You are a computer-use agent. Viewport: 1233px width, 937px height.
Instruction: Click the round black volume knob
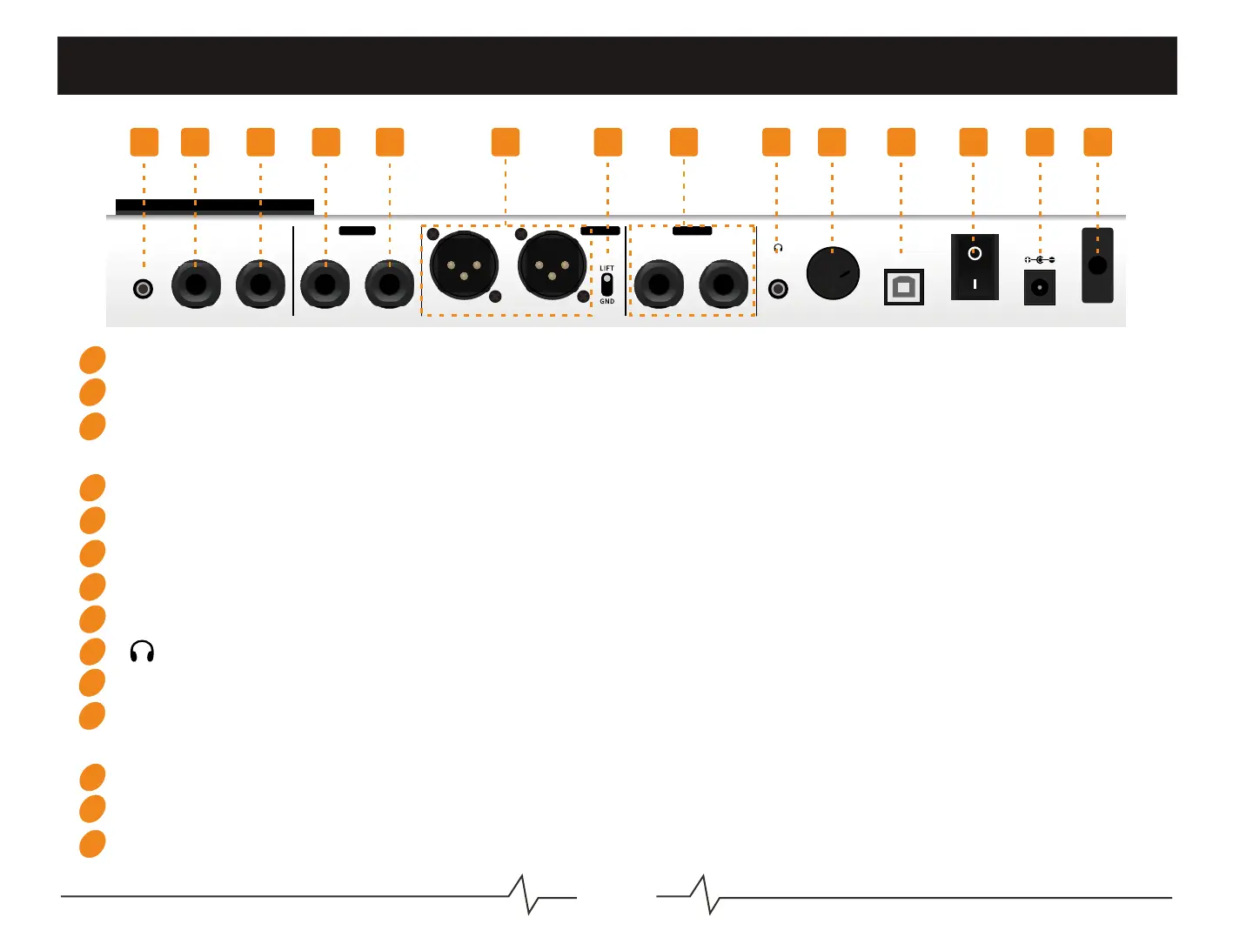(x=833, y=273)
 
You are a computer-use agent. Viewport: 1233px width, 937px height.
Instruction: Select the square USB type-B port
(x=903, y=287)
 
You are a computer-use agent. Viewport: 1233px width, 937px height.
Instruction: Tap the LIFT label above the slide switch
(x=606, y=268)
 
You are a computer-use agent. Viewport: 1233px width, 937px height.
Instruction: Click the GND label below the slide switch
(x=606, y=302)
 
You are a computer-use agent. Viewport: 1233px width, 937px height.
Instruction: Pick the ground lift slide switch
(x=606, y=284)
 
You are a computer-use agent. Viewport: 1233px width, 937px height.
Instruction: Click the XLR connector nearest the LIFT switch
(x=552, y=264)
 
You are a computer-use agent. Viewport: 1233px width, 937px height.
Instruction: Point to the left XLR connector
(x=464, y=264)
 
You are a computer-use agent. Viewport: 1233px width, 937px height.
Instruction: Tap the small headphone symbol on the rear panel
(x=778, y=248)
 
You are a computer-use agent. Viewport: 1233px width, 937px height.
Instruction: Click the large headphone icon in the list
(x=142, y=652)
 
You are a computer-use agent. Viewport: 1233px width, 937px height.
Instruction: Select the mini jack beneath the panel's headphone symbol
(x=778, y=288)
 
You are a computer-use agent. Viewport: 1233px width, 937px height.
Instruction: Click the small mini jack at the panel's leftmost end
(x=144, y=288)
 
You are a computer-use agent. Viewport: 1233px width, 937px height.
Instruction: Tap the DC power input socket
(x=1040, y=287)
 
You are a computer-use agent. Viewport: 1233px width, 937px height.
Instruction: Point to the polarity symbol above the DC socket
(x=1040, y=260)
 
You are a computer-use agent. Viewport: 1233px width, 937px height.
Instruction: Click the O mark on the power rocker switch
(x=975, y=253)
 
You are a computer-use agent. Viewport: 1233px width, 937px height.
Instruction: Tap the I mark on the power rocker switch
(x=975, y=284)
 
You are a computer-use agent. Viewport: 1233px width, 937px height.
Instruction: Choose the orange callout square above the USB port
(x=901, y=142)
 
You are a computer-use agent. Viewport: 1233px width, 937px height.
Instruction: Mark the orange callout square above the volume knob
(x=832, y=142)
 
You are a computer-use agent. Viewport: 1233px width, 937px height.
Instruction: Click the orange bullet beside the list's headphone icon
(x=92, y=652)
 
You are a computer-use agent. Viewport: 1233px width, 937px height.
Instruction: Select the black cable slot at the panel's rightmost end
(x=1097, y=265)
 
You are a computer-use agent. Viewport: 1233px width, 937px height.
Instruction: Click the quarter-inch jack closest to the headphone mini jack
(x=723, y=284)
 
